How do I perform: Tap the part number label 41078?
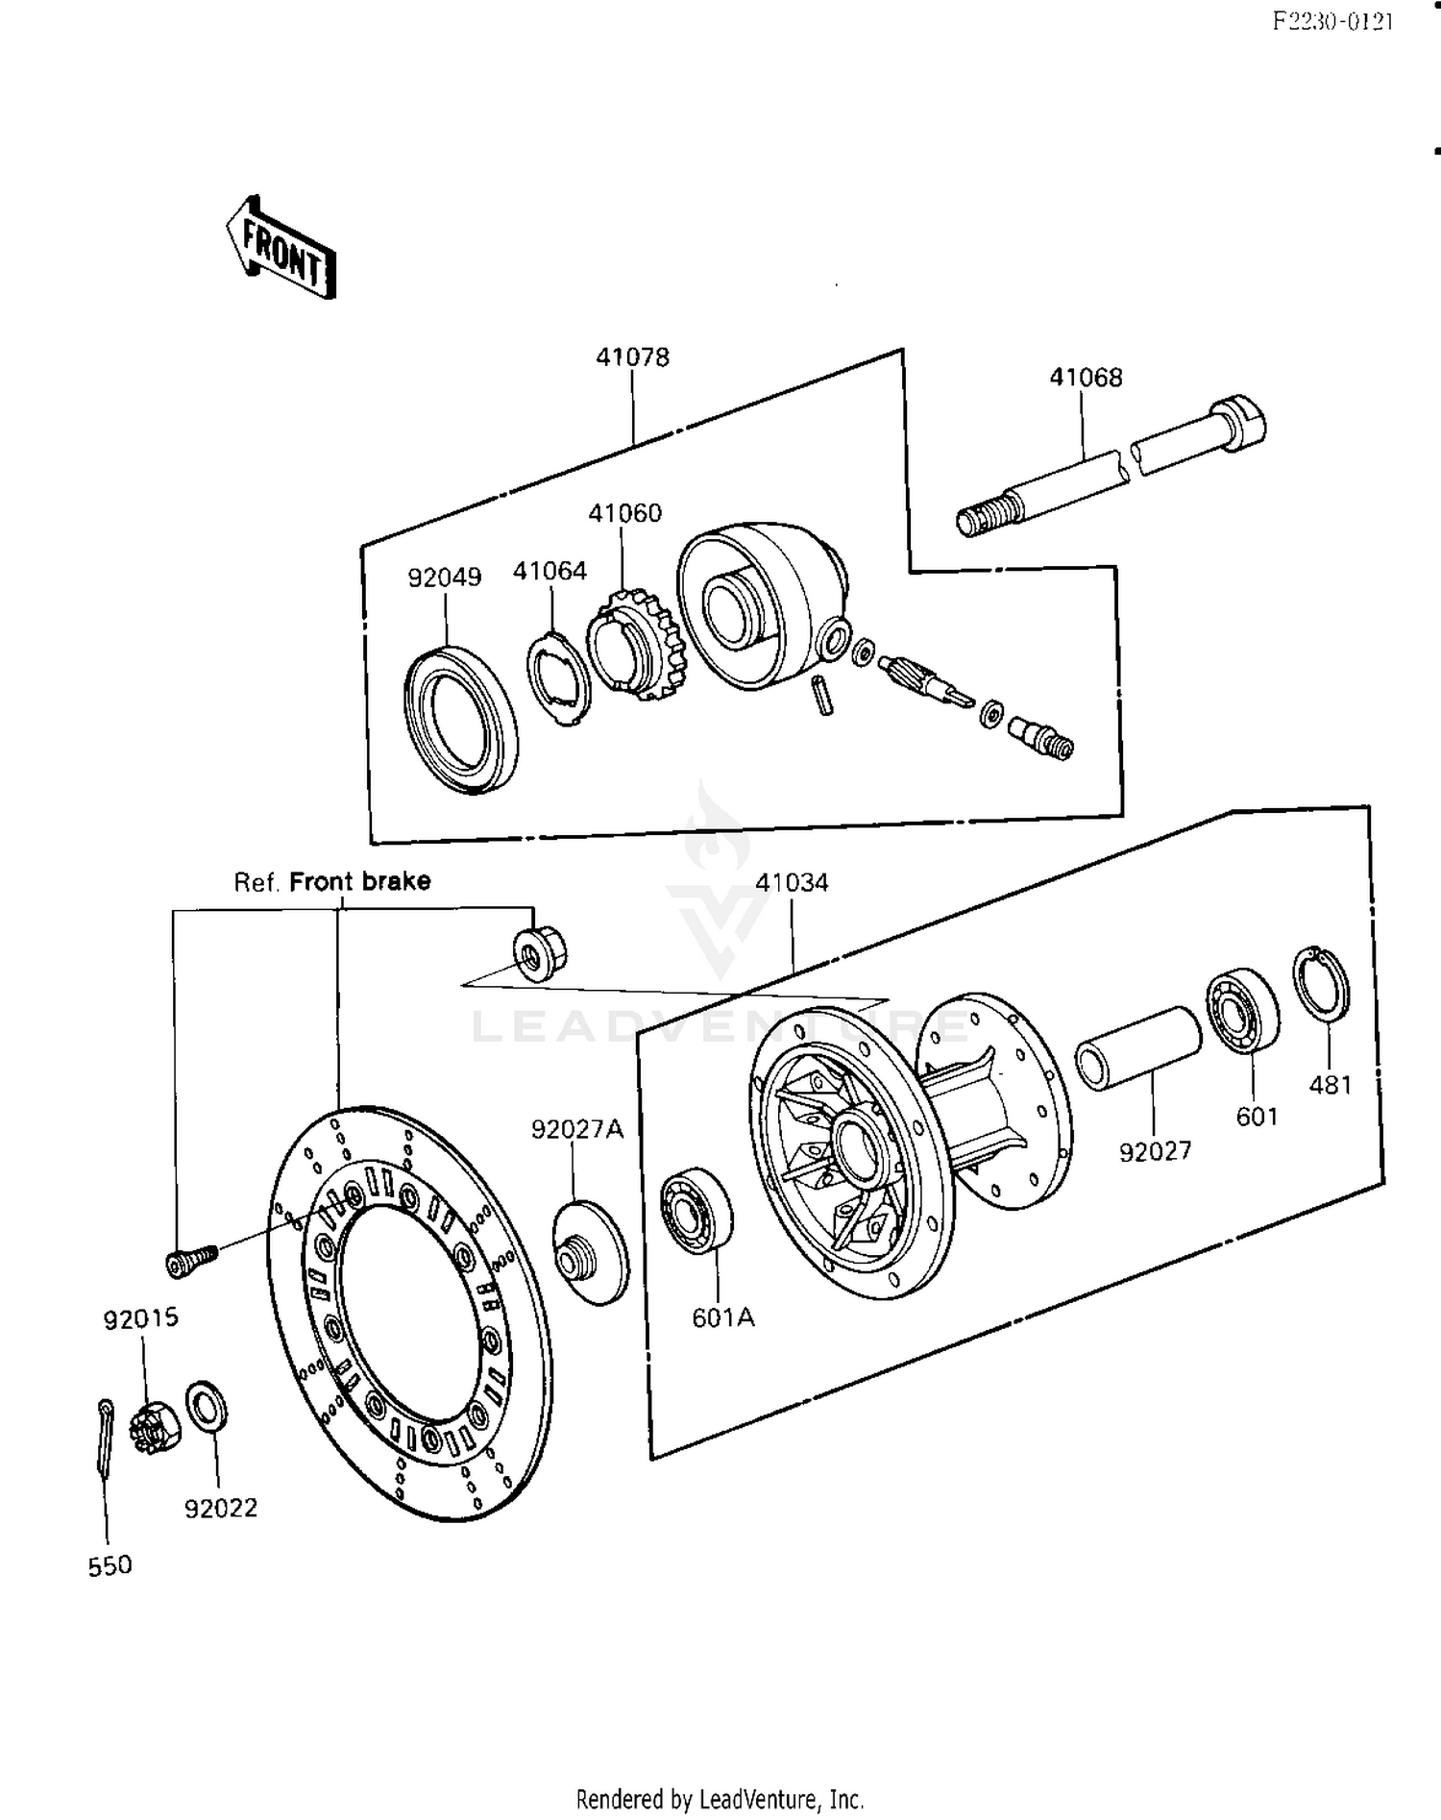click(632, 357)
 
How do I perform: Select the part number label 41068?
click(1086, 378)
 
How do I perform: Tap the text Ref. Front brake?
click(332, 881)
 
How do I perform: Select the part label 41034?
click(792, 882)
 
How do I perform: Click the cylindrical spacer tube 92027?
click(1138, 1047)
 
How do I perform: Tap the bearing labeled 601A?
click(696, 1211)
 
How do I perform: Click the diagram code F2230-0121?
click(1331, 21)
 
